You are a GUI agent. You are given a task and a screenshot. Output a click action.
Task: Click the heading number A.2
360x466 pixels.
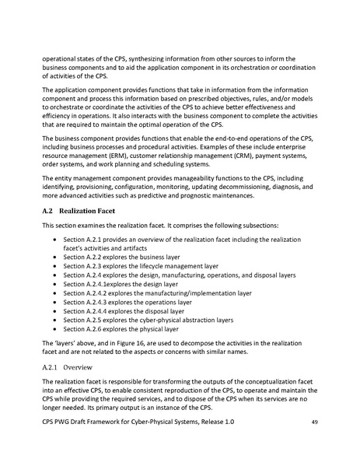click(x=46, y=210)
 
